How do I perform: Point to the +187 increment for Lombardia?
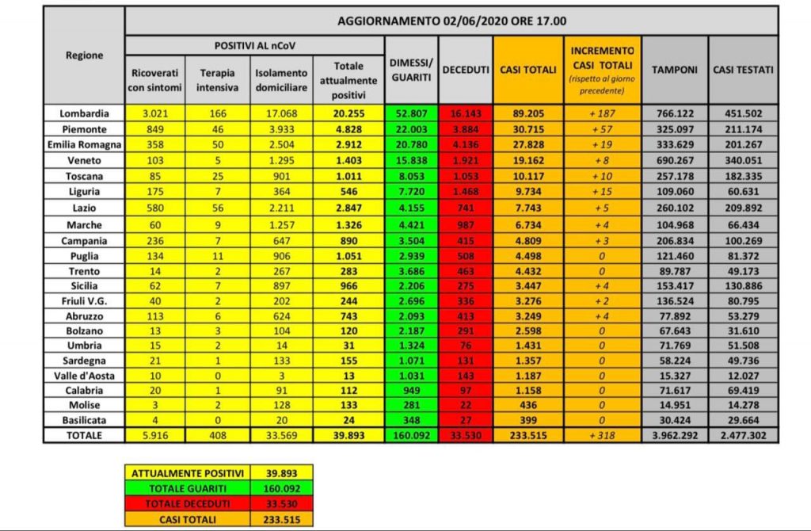602,113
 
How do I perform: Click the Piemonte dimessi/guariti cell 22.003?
411,128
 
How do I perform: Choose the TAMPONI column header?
674,70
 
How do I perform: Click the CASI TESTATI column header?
743,70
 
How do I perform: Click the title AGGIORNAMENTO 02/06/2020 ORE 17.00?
451,21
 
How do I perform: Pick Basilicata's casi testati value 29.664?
743,420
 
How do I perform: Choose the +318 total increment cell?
602,435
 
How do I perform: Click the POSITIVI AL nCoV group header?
253,45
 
